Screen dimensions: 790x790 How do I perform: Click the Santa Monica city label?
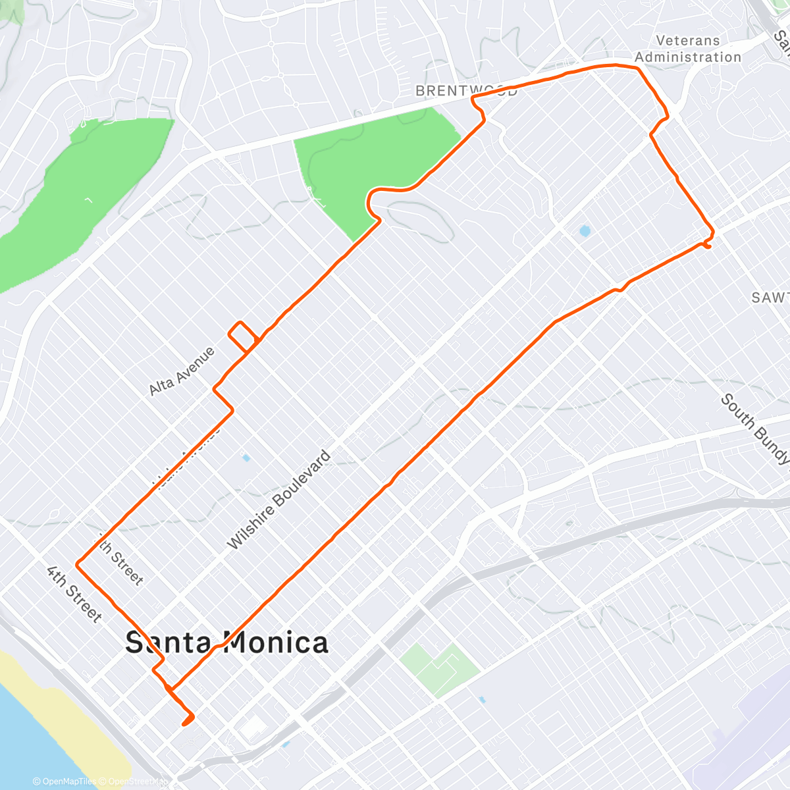pyautogui.click(x=226, y=643)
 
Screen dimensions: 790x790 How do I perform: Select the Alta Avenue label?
pyautogui.click(x=182, y=371)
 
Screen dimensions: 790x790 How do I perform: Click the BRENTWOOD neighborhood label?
pyautogui.click(x=466, y=91)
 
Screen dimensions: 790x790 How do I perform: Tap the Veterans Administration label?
pyautogui.click(x=688, y=49)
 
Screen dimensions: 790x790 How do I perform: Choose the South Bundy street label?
pyautogui.click(x=754, y=429)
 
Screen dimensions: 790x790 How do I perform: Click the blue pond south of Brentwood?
pyautogui.click(x=584, y=231)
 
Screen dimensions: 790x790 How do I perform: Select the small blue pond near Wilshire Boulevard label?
pyautogui.click(x=246, y=458)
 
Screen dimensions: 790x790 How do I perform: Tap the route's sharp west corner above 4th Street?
pyautogui.click(x=78, y=564)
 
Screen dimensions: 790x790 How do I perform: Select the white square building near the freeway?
pyautogui.click(x=253, y=728)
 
